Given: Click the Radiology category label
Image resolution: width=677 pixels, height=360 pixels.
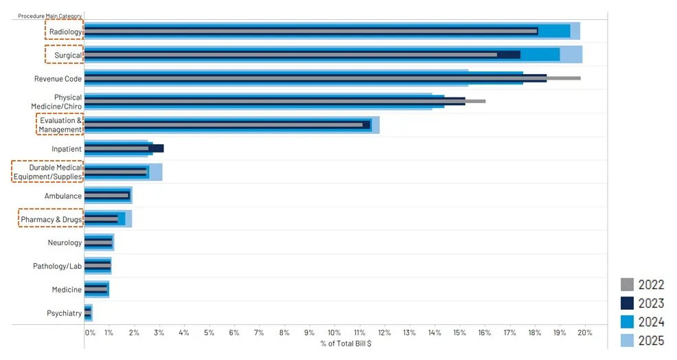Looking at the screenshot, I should tap(65, 31).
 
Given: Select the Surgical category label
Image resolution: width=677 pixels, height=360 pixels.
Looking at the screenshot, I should tap(68, 55).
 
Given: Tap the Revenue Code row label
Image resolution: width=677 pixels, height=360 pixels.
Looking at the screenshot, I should tap(58, 78).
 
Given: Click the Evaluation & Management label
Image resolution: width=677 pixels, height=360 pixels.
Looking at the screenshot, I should tap(60, 125).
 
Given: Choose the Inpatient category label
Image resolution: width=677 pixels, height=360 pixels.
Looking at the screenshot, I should tap(67, 148).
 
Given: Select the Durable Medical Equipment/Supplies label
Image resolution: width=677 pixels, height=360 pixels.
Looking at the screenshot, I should tap(47, 172).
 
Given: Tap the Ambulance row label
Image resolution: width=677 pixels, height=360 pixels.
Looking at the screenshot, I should tap(63, 196).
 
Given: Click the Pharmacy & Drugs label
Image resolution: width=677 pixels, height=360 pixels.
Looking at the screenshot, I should tap(51, 219).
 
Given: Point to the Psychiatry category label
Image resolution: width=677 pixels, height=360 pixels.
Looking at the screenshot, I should tap(64, 313).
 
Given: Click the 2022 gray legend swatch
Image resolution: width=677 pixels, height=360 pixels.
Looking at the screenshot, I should tap(627, 284).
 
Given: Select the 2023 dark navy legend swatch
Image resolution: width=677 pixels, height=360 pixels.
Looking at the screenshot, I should tap(627, 302).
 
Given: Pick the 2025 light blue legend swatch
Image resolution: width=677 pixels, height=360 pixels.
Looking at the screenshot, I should tap(627, 339).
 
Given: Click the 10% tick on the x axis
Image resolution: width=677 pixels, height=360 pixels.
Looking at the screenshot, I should tap(334, 333).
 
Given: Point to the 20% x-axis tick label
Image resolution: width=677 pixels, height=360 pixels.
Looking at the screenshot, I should tap(584, 333).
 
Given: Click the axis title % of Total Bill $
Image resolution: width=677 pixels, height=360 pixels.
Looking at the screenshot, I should tap(346, 343).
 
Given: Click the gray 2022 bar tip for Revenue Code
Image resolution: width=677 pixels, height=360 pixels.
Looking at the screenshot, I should tap(578, 78).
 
